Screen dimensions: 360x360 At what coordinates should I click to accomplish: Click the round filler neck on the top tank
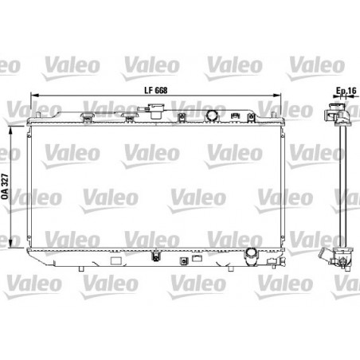click(x=212, y=118)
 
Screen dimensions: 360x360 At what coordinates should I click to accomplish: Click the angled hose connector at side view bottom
click(x=328, y=260)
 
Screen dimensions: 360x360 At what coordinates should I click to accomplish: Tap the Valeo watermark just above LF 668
click(x=143, y=59)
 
